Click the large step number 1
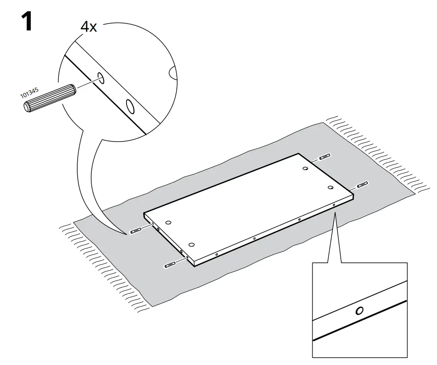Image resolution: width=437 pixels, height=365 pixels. tap(27, 21)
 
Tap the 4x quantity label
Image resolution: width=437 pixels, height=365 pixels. tap(88, 27)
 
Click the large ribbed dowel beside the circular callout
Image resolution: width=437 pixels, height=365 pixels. tap(49, 98)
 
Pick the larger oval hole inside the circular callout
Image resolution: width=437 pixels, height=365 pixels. tap(130, 107)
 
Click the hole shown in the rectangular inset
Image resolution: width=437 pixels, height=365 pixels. tap(359, 310)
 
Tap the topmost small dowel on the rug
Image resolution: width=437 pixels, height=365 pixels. tap(324, 157)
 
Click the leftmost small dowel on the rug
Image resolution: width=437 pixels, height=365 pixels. tap(136, 231)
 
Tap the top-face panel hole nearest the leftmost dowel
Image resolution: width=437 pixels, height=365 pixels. tap(168, 223)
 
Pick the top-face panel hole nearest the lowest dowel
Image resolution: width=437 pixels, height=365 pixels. tap(192, 244)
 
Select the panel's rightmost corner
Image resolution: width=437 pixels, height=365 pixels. tap(353, 195)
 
